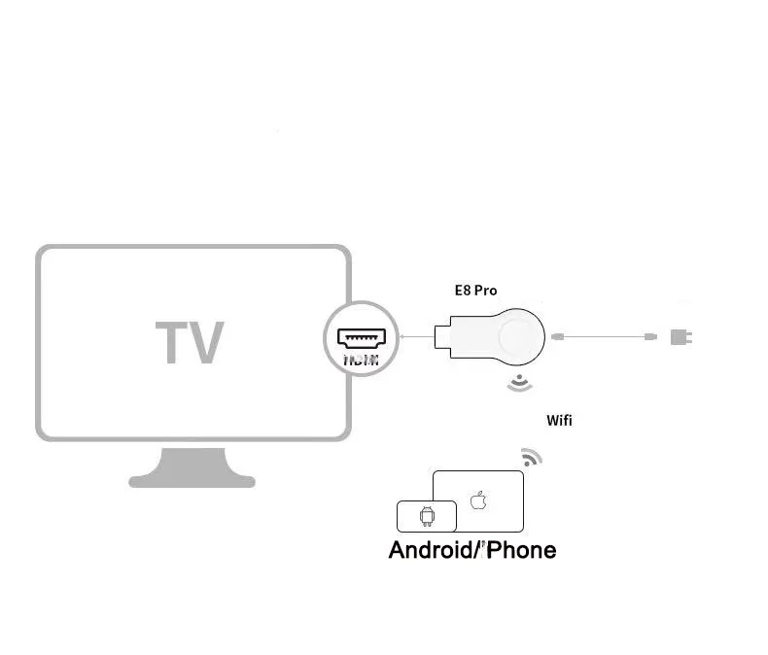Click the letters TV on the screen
(190, 342)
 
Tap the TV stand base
(192, 477)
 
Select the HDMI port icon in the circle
(362, 338)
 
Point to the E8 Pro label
(475, 290)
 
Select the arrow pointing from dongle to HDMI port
(415, 338)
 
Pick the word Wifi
(559, 420)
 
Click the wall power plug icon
(679, 337)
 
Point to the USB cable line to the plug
(603, 337)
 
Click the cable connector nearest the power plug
(650, 337)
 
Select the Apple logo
(477, 500)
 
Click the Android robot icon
(426, 516)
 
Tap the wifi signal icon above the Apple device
(531, 457)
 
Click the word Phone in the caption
(522, 550)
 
